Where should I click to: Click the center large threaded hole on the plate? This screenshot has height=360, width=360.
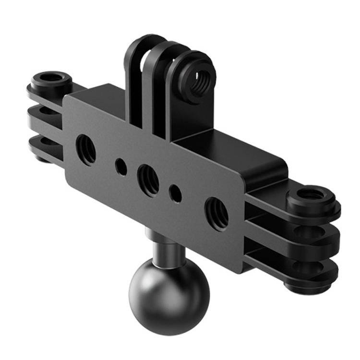(148, 178)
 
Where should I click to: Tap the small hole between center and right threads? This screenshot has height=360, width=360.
(176, 194)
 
